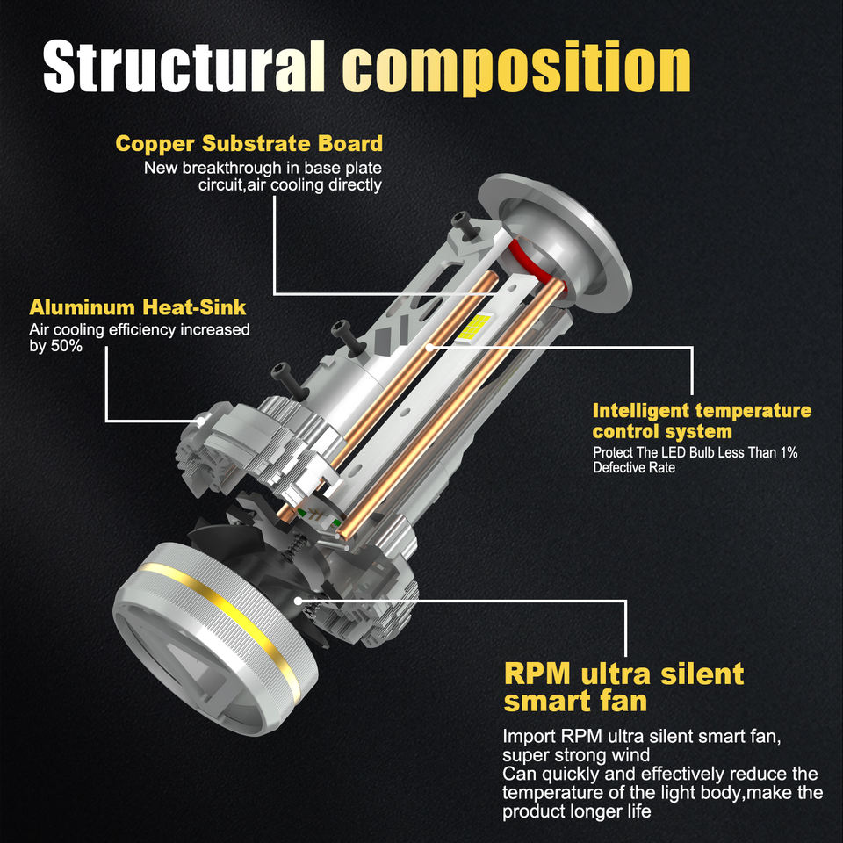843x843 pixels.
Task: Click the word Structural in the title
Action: (x=184, y=68)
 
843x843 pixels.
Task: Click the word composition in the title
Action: (x=516, y=68)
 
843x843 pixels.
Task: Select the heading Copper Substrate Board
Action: (x=249, y=143)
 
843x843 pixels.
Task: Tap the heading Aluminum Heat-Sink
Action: (x=138, y=307)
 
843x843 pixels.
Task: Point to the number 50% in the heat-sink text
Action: (x=67, y=346)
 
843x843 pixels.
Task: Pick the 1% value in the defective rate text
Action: (x=789, y=452)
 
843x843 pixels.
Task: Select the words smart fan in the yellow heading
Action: (x=575, y=701)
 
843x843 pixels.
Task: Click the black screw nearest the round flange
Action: (x=464, y=226)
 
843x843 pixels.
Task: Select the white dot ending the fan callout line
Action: (x=299, y=601)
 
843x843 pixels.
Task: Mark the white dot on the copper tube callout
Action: (x=429, y=348)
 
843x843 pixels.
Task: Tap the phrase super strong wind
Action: (x=576, y=755)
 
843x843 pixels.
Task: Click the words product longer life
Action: (x=576, y=811)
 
